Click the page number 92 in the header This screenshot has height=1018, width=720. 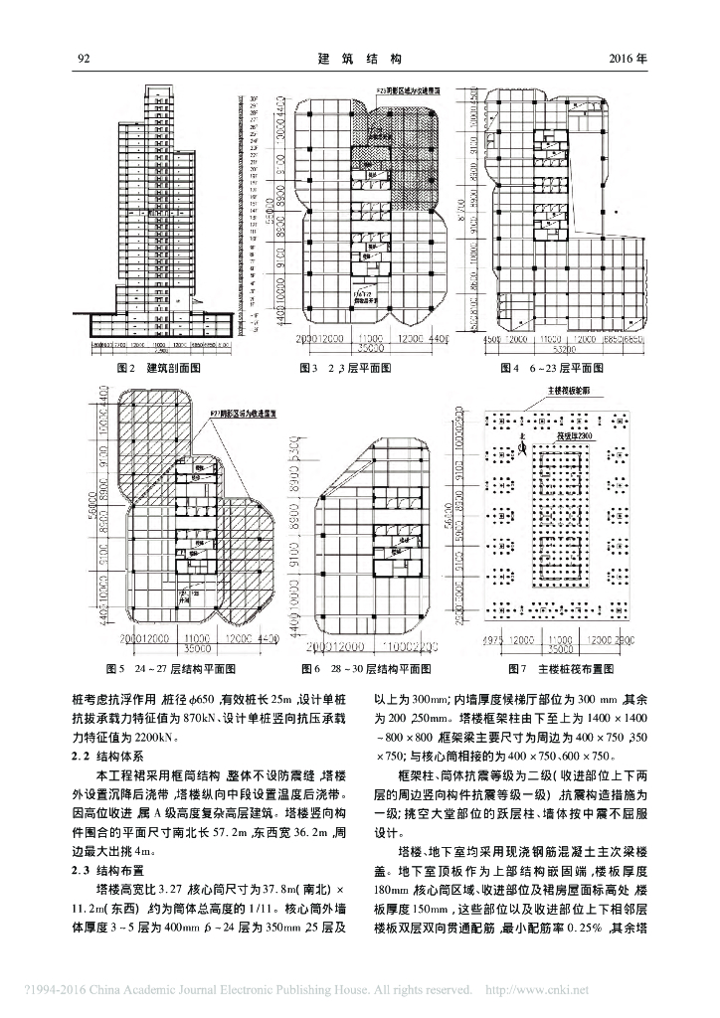coord(84,60)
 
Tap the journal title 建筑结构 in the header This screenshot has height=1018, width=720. coord(359,60)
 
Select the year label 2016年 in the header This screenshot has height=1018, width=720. coord(628,60)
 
